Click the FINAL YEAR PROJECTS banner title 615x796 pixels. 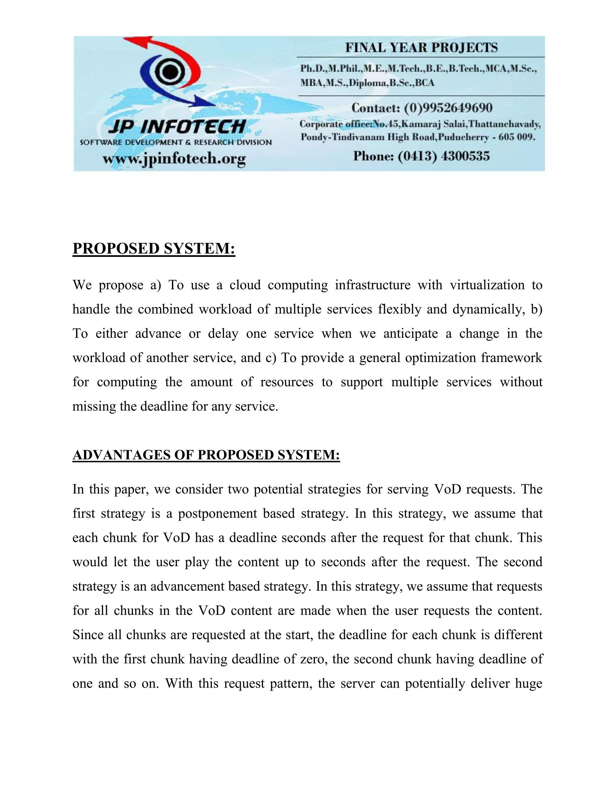[x=421, y=48]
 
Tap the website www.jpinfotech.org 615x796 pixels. [x=174, y=159]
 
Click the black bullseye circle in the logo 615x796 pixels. [x=168, y=72]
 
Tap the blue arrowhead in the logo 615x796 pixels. [x=204, y=102]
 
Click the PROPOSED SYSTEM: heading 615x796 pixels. [x=154, y=249]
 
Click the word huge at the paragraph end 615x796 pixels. [x=529, y=683]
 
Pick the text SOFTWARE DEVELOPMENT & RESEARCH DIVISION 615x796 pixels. [x=176, y=142]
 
